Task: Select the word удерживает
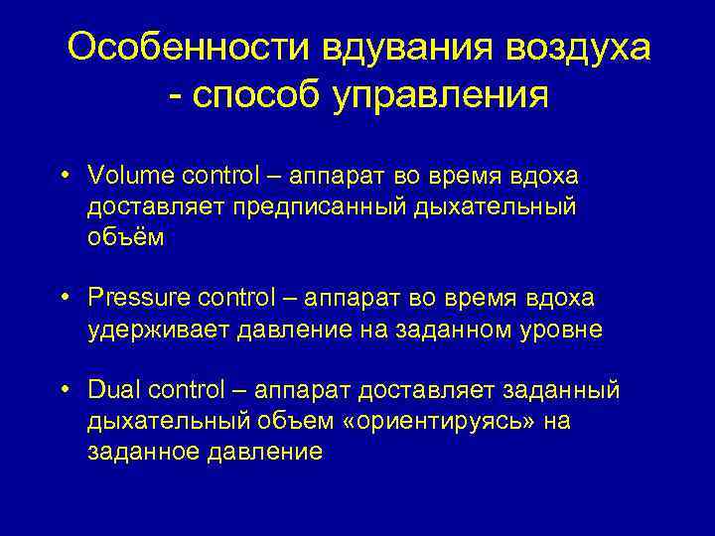pyautogui.click(x=159, y=330)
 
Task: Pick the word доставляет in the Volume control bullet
pyautogui.click(x=158, y=207)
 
